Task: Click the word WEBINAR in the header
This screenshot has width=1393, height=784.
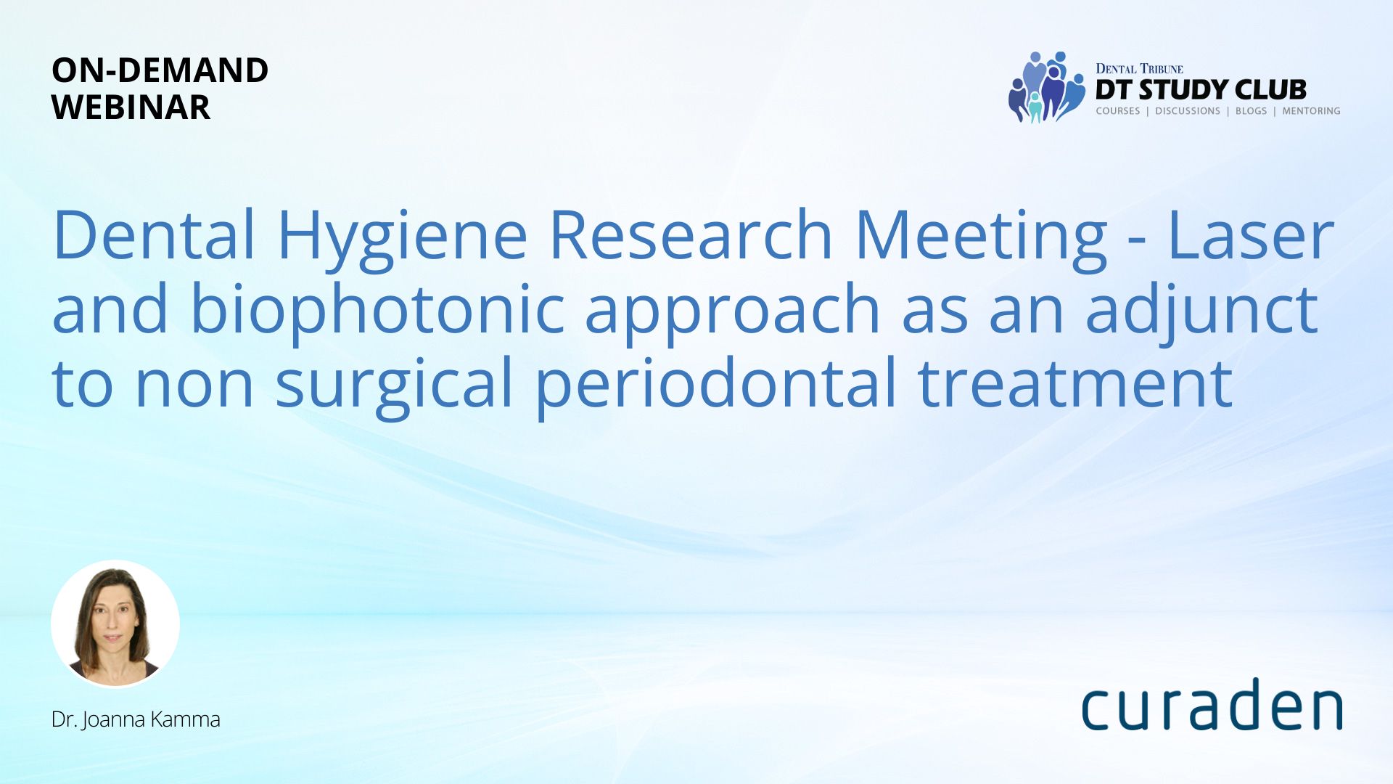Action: (x=131, y=107)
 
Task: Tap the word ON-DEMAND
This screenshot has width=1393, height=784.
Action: (x=160, y=70)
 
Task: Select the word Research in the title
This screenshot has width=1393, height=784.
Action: (x=691, y=234)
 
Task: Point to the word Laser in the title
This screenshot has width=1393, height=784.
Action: (x=1251, y=234)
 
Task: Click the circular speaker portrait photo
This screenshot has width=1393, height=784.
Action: (x=115, y=624)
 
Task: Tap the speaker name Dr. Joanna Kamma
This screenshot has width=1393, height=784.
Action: (x=136, y=719)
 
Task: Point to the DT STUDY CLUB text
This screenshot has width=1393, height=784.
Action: (x=1201, y=90)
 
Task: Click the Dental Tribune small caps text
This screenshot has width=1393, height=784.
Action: (x=1139, y=69)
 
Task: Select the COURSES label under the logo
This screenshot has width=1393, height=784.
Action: (x=1118, y=111)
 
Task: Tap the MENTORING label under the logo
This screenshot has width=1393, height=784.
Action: (x=1311, y=111)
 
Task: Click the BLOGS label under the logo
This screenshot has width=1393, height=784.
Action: (x=1251, y=111)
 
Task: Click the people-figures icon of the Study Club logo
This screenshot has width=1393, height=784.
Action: (x=1046, y=87)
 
